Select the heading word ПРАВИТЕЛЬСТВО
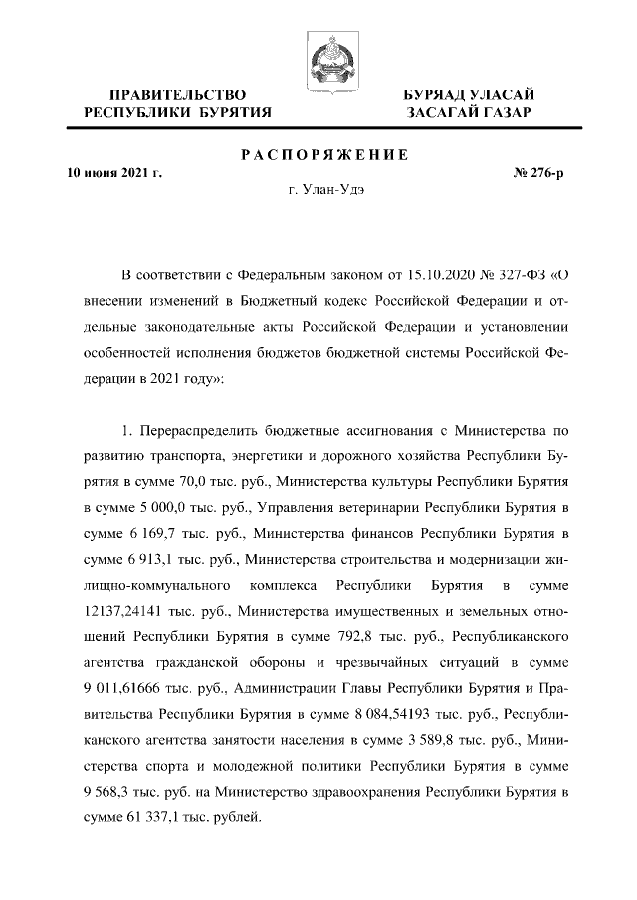coord(178,93)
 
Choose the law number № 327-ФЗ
coord(521,274)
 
